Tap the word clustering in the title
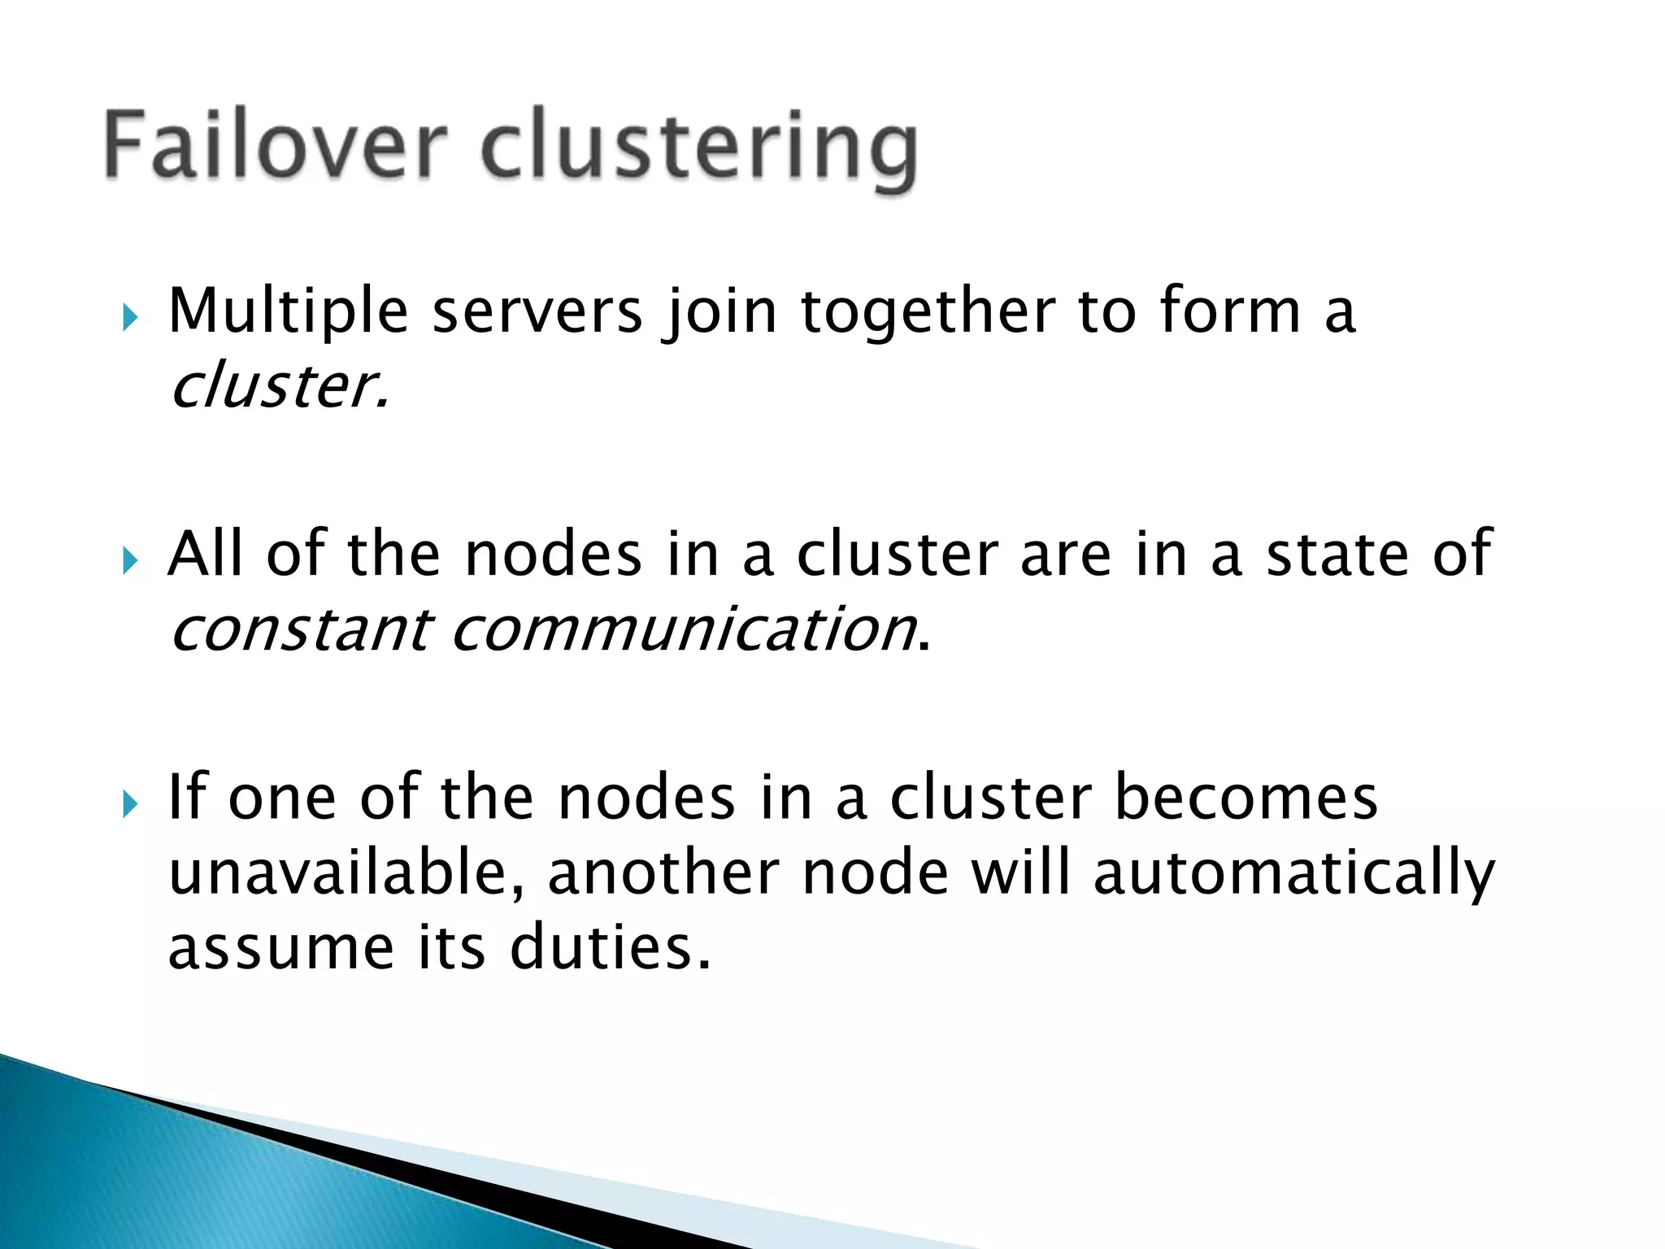pyautogui.click(x=699, y=150)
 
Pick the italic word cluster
pyautogui.click(x=276, y=385)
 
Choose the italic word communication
pyautogui.click(x=682, y=630)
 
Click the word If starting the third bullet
pyautogui.click(x=186, y=798)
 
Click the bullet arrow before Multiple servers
pyautogui.click(x=130, y=317)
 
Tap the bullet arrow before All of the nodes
pyautogui.click(x=130, y=560)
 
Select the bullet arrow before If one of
pyautogui.click(x=130, y=804)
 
